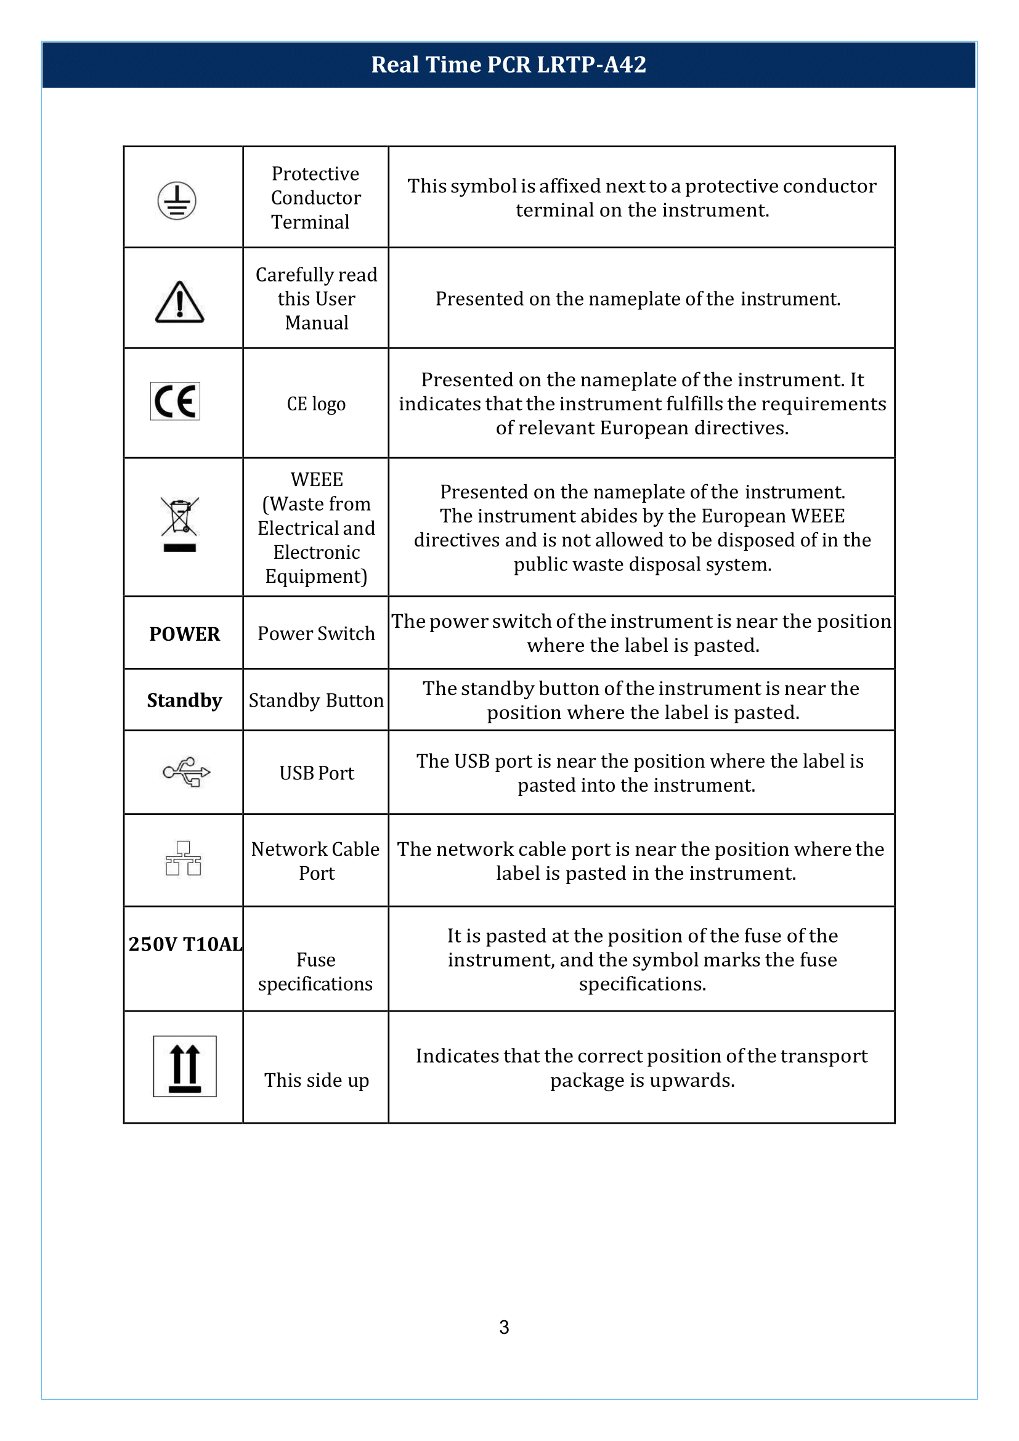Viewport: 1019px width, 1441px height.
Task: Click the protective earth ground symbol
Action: click(177, 201)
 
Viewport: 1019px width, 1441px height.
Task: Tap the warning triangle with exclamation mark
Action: click(179, 302)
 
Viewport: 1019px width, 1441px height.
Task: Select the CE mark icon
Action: click(175, 401)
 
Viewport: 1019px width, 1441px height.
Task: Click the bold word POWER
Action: click(184, 634)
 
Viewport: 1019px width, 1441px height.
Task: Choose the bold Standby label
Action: click(184, 700)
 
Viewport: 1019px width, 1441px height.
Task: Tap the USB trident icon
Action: click(186, 772)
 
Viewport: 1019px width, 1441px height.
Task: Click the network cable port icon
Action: click(183, 859)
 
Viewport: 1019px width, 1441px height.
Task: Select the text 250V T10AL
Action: click(185, 944)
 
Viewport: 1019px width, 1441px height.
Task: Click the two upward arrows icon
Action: click(185, 1066)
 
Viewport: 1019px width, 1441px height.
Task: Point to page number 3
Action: click(504, 1327)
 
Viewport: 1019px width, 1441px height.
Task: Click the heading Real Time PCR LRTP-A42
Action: click(508, 65)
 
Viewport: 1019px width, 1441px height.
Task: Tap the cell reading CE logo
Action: click(316, 404)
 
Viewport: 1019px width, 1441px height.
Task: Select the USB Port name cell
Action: click(316, 773)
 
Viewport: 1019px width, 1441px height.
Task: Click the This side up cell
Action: click(316, 1080)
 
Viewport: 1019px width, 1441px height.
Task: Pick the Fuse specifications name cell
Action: click(315, 972)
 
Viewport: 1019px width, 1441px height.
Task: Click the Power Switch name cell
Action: click(316, 634)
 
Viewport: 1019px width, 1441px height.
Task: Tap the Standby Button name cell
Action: click(316, 700)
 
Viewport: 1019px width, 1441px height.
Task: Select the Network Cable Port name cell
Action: click(315, 861)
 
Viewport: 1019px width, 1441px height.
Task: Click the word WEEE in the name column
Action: click(317, 479)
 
